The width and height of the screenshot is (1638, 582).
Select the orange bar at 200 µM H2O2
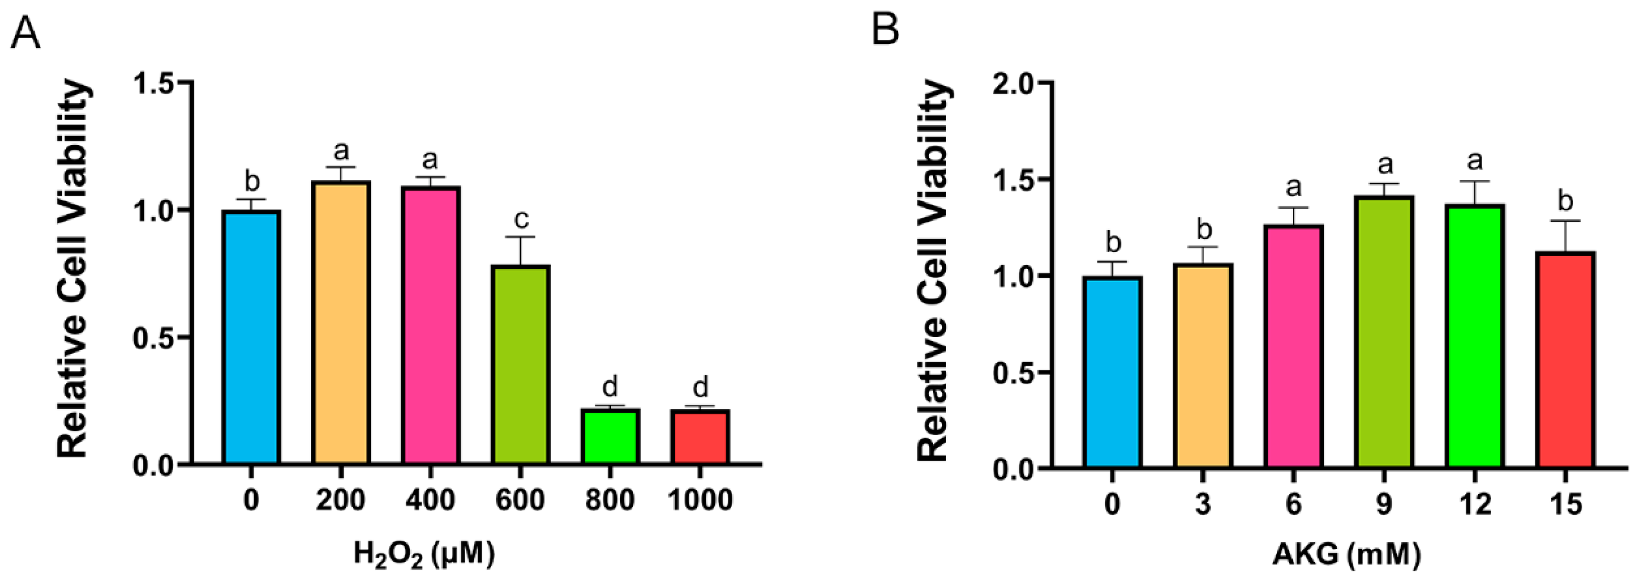[341, 323]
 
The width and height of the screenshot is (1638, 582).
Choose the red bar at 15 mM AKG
[1565, 360]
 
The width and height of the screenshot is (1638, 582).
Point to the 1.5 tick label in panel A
[154, 83]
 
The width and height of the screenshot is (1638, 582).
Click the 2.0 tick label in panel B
[1016, 83]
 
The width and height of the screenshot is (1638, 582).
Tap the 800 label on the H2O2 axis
[610, 500]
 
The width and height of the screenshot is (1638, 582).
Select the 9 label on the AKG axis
[1384, 504]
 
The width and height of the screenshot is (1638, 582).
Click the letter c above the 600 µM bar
[521, 219]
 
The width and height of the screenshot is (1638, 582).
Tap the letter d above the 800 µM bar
[610, 386]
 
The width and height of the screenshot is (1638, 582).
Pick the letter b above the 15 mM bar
[1565, 202]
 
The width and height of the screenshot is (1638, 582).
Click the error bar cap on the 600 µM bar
[521, 237]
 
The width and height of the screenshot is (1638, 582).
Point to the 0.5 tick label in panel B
[1016, 372]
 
